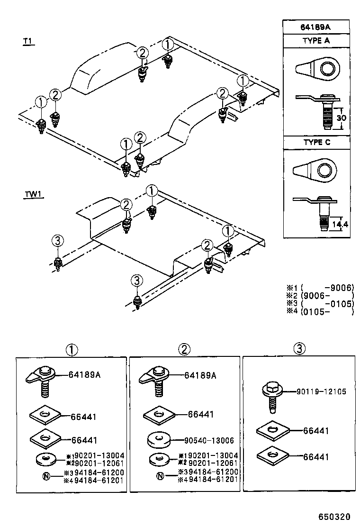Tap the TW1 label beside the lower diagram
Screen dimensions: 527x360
[x=34, y=195]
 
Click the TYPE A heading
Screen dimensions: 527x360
[x=316, y=41]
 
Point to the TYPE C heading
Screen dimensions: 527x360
[x=316, y=142]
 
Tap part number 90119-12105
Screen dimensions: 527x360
[x=321, y=391]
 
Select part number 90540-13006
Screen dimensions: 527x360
[x=211, y=440]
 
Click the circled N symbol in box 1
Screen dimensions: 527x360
[x=46, y=476]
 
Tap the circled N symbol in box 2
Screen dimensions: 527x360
[x=160, y=476]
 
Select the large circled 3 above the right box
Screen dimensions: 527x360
[x=298, y=349]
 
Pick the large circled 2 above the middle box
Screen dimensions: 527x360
[x=184, y=350]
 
